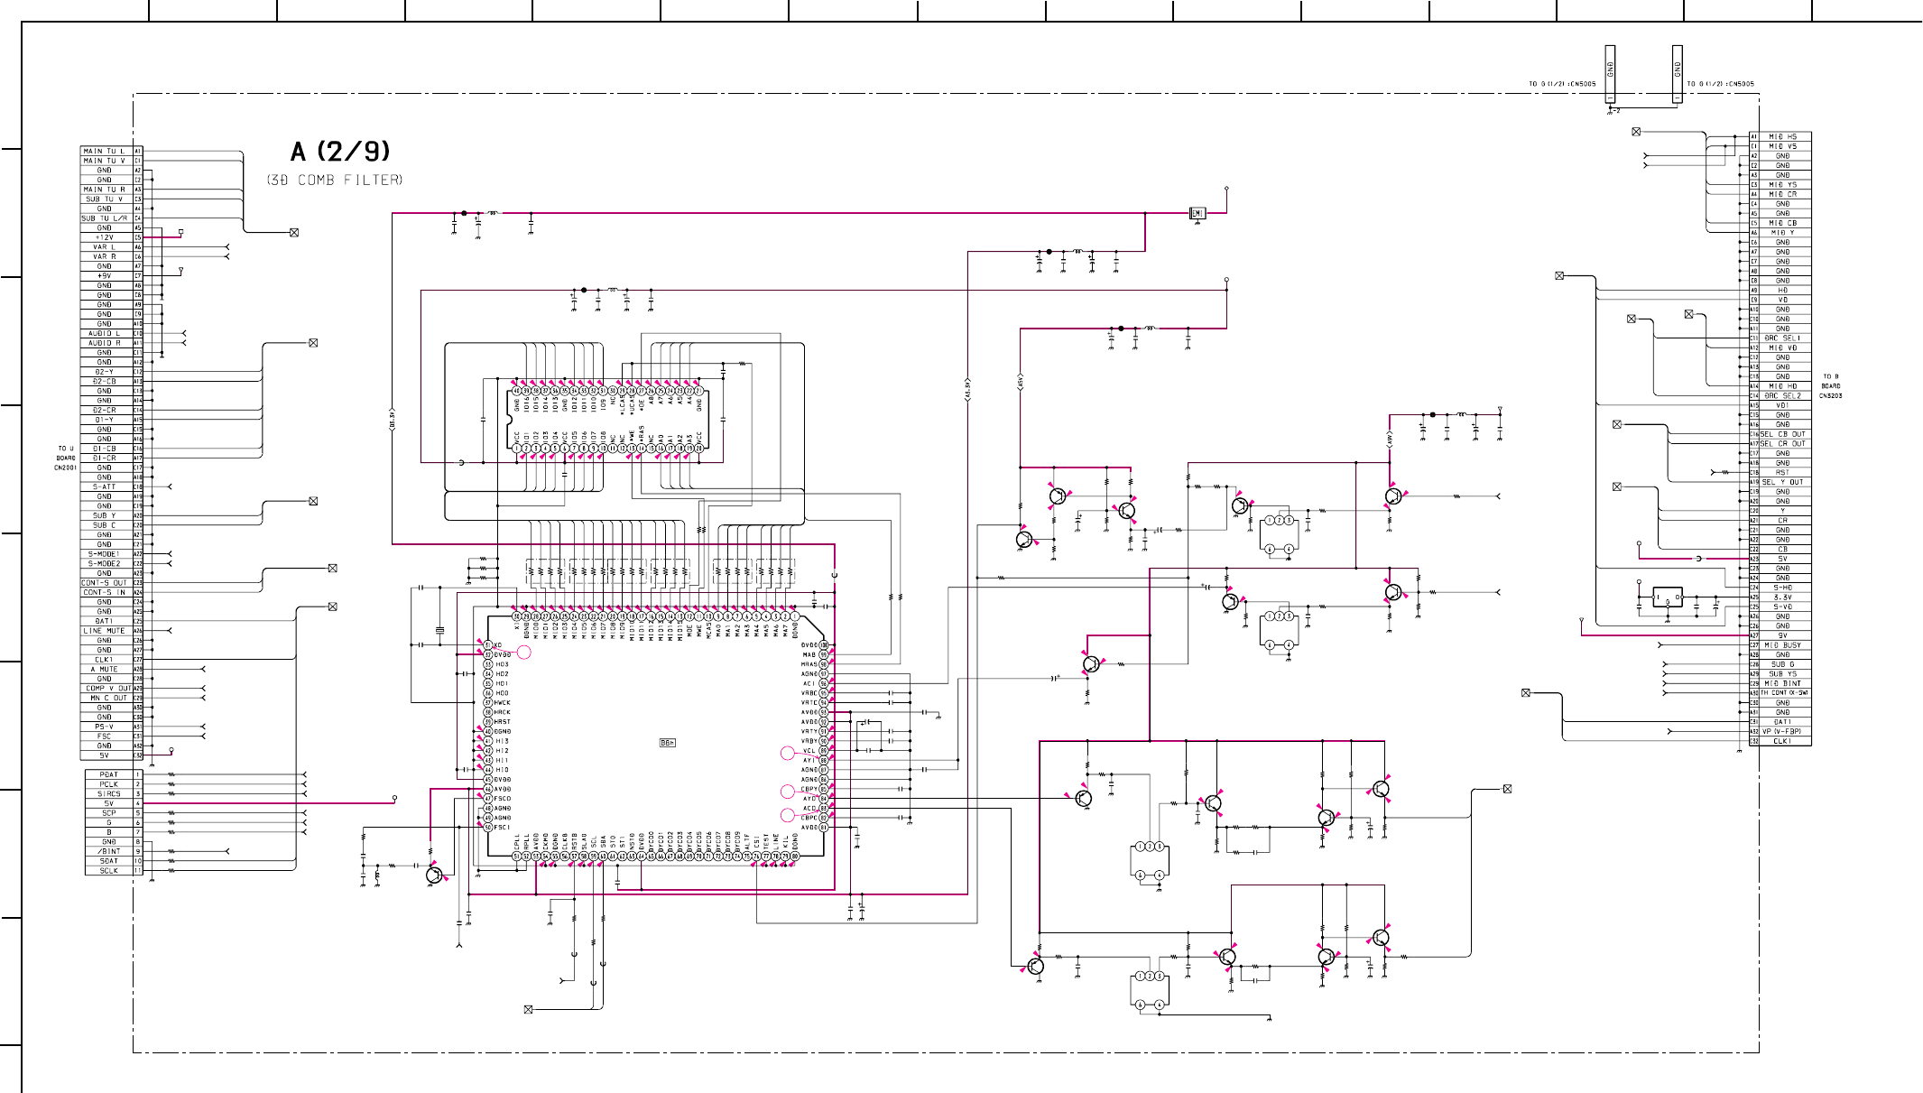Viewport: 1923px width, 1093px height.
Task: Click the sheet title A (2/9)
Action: tap(340, 152)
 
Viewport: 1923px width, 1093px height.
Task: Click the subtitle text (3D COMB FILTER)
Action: tap(335, 180)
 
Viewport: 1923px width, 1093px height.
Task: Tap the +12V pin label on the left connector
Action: tap(105, 237)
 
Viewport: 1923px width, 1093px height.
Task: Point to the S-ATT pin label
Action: tap(105, 486)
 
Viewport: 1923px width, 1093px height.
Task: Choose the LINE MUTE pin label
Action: tap(105, 631)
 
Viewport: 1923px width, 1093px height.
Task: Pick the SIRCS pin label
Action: tap(109, 793)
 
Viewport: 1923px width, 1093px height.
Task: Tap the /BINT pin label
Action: tap(109, 851)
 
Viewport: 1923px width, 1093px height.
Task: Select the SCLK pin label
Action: tap(109, 870)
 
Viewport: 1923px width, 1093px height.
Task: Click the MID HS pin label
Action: tap(1782, 136)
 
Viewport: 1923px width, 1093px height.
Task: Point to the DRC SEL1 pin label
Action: tap(1782, 338)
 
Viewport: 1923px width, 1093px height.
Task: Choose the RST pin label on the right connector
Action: tap(1782, 472)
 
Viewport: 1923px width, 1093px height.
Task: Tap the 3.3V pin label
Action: tap(1782, 597)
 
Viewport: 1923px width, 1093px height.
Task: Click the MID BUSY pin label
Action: tap(1782, 644)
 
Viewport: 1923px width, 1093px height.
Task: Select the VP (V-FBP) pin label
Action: tap(1781, 731)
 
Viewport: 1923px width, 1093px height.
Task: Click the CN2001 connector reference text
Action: tap(65, 468)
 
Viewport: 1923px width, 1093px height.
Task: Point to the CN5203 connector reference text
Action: tap(1830, 395)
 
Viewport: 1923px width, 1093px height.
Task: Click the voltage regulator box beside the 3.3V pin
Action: tap(1667, 597)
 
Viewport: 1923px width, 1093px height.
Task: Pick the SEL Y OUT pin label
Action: tap(1782, 482)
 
